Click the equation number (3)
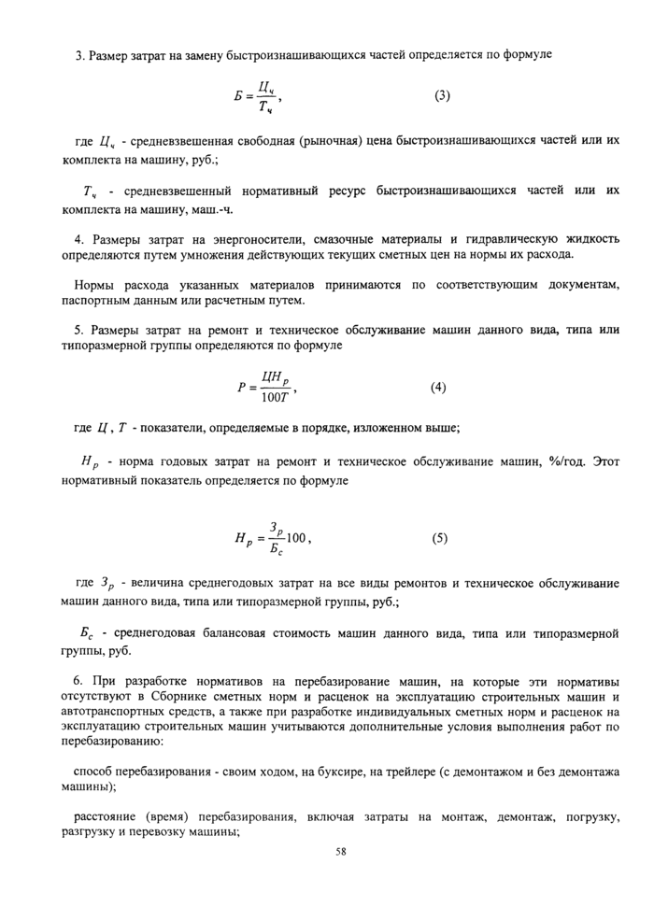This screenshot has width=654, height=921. pyautogui.click(x=442, y=95)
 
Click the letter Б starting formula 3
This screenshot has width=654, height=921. pyautogui.click(x=238, y=96)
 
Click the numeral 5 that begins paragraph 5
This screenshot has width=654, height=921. pyautogui.click(x=77, y=331)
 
